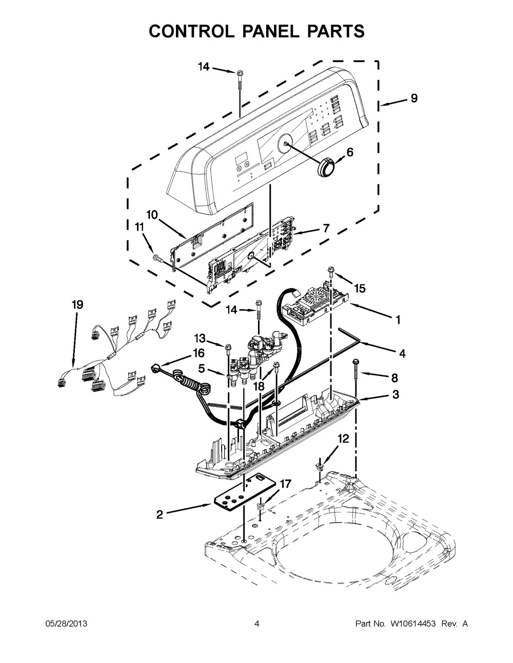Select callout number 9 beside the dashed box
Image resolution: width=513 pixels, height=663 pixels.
414,98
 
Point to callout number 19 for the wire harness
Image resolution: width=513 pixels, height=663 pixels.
77,304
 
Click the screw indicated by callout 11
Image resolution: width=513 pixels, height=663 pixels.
156,258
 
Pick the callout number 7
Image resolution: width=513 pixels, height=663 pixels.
326,227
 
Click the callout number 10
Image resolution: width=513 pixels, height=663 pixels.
152,215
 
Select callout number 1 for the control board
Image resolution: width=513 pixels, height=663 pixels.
398,320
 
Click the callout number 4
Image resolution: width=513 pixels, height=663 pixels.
402,354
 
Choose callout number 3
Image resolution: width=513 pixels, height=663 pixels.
396,395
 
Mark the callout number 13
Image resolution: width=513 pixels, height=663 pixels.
200,338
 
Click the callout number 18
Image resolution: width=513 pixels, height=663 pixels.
259,386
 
